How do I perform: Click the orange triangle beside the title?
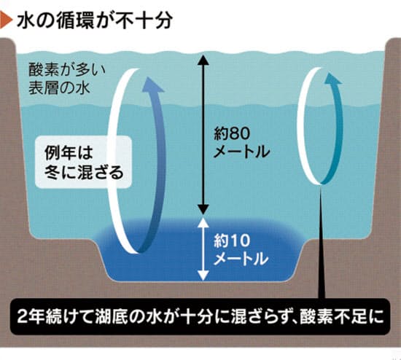click(x=5, y=20)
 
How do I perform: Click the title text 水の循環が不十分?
click(x=94, y=20)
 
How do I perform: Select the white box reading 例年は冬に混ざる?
click(x=83, y=162)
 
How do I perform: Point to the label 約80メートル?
click(x=241, y=142)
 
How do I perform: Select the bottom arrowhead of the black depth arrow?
click(x=203, y=210)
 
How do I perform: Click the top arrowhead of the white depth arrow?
click(x=203, y=223)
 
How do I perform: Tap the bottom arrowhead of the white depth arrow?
click(x=203, y=275)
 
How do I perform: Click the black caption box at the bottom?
click(x=200, y=316)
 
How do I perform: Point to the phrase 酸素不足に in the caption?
click(x=343, y=316)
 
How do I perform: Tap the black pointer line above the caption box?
click(x=321, y=242)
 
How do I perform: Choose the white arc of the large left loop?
click(x=111, y=161)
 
